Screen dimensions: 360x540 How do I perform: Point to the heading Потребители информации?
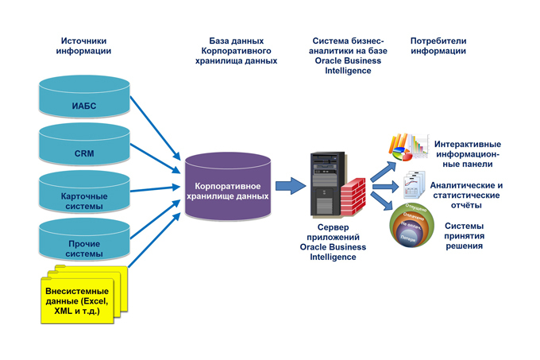coord(438,46)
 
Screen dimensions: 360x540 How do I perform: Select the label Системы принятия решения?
coord(469,235)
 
